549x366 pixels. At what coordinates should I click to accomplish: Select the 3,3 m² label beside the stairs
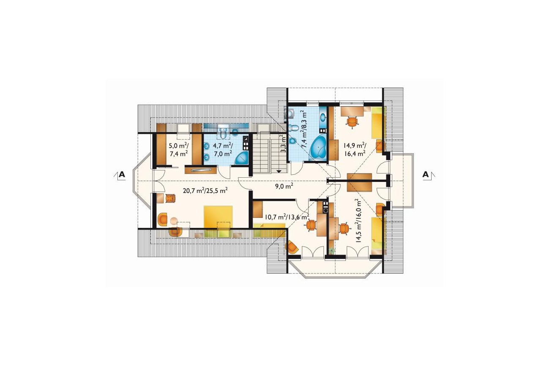click(x=283, y=143)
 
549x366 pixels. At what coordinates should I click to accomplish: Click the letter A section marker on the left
click(x=122, y=174)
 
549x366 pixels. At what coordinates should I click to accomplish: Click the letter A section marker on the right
click(x=426, y=174)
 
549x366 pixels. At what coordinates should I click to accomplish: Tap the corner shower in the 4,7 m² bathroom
click(x=242, y=157)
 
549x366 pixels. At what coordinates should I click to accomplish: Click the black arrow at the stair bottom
click(x=279, y=171)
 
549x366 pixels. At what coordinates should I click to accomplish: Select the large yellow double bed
click(x=218, y=217)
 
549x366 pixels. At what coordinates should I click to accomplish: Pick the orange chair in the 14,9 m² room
click(x=352, y=122)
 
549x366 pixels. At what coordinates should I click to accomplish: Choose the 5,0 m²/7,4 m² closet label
click(x=178, y=150)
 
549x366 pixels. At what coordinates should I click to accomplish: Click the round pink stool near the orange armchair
click(x=174, y=221)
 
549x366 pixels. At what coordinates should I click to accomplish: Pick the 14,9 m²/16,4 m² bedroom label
click(x=355, y=150)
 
